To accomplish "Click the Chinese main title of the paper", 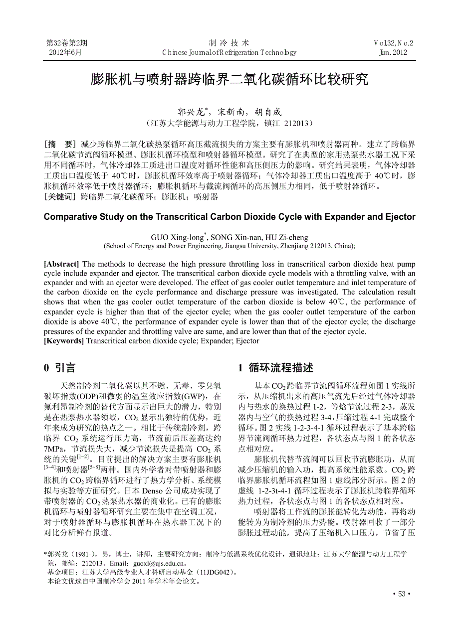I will point(229,79).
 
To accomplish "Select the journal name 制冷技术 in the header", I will point(229,43).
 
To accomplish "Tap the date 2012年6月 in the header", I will point(65,52).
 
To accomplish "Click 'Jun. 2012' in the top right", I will point(393,52).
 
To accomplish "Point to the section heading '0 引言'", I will point(60,368).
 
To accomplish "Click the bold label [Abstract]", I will point(61,264).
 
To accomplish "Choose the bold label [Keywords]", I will point(64,341).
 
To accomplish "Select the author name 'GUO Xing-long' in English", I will point(177,238).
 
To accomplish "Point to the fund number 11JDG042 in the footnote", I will point(215,572).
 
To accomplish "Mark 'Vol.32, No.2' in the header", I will point(393,43).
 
